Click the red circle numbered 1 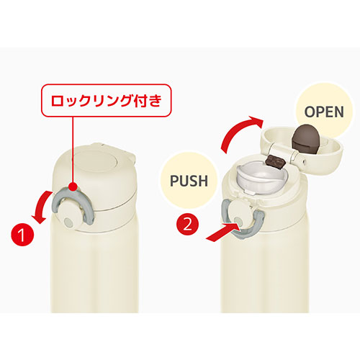22,235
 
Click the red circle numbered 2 188,225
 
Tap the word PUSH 189,181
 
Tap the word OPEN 324,112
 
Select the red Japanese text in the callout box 107,101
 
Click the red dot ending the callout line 73,186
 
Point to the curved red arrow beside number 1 41,207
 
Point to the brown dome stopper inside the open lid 305,140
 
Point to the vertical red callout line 73,150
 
